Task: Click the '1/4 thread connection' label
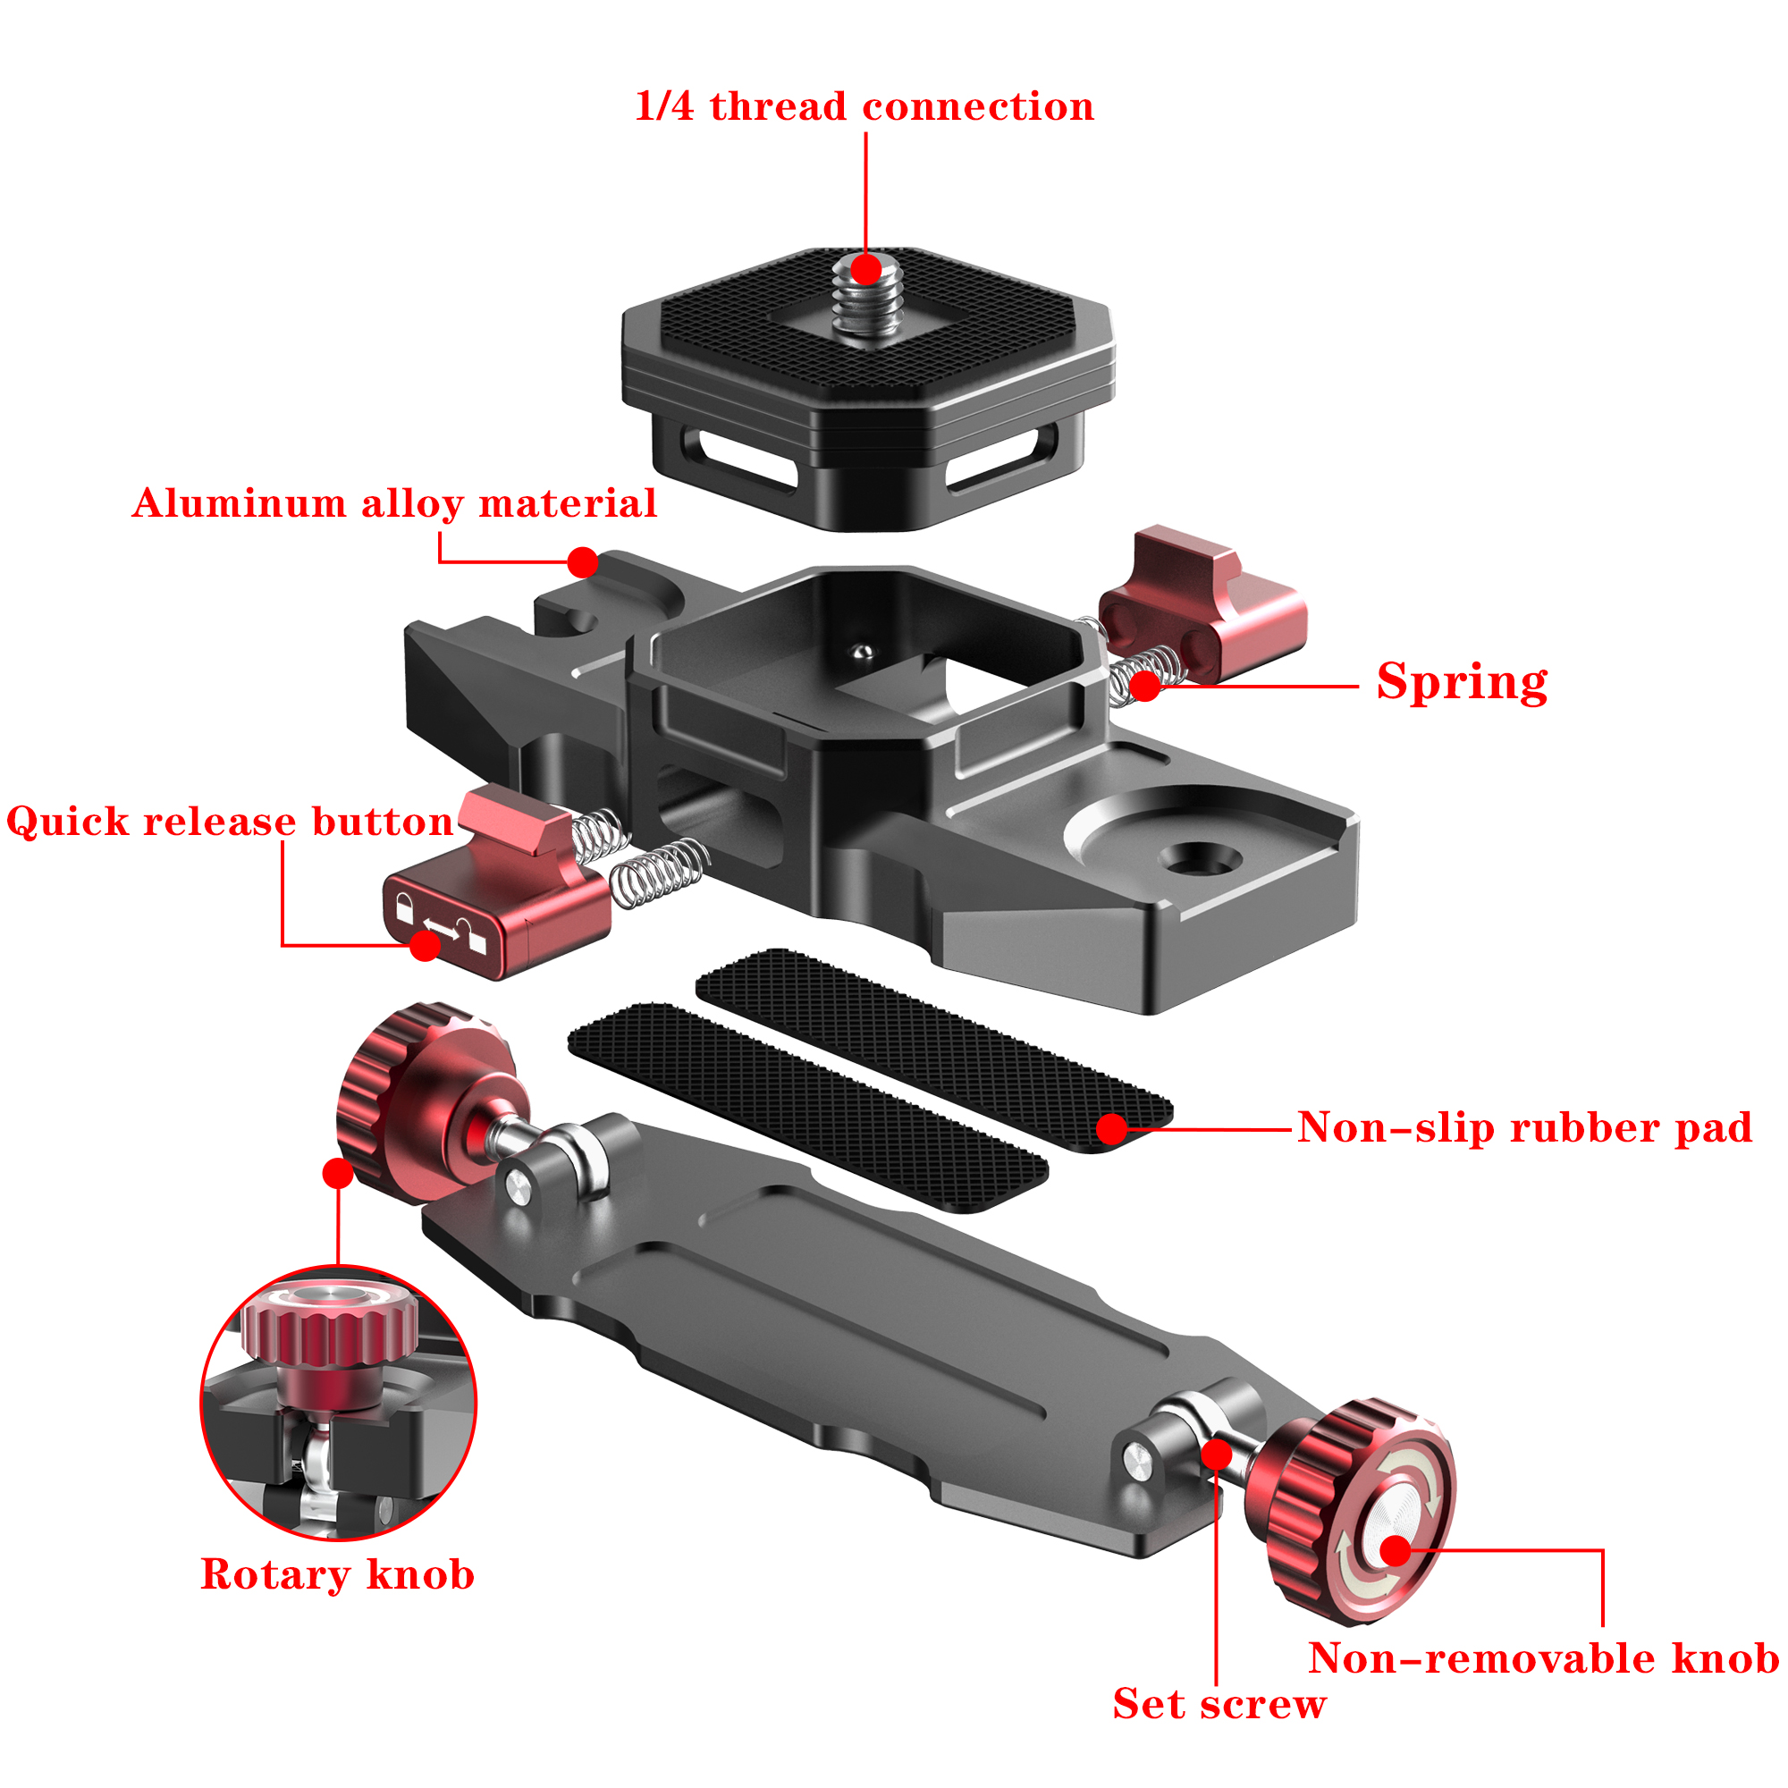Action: (x=864, y=105)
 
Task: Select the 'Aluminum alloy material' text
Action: (x=394, y=503)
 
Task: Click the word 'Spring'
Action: (x=1462, y=682)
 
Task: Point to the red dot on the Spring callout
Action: (x=1145, y=686)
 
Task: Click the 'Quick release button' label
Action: (x=230, y=821)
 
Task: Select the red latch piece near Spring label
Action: (x=1203, y=606)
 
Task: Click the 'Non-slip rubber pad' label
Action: (x=1524, y=1127)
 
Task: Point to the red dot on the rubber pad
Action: (x=1111, y=1128)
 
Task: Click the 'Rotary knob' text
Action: (x=338, y=1574)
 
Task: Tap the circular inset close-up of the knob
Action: (x=338, y=1402)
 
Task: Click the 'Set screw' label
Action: (x=1219, y=1704)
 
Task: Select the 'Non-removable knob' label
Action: (x=1543, y=1657)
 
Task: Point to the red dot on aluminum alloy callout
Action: (x=582, y=561)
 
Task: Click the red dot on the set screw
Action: (x=1217, y=1454)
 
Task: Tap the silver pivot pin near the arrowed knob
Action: (x=1138, y=1462)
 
